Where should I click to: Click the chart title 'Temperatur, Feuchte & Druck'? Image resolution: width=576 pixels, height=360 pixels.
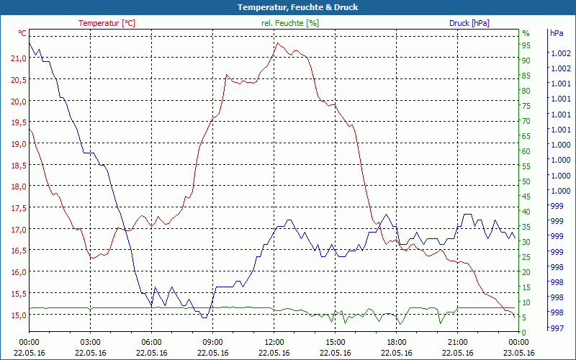(x=288, y=7)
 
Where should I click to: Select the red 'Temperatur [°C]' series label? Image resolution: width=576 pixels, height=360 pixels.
(x=107, y=23)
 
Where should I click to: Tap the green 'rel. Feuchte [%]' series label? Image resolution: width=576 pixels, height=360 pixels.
(x=290, y=23)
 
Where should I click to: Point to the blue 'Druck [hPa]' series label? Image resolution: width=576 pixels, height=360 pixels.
(x=469, y=23)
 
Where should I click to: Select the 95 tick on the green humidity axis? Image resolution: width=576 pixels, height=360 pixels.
(x=526, y=45)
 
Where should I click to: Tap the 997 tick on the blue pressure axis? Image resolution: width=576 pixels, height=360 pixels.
(x=557, y=328)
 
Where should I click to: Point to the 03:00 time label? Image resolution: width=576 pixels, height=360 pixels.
(x=91, y=342)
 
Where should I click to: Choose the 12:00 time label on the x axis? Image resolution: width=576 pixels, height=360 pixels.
(x=274, y=342)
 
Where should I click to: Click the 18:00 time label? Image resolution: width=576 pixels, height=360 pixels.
(x=397, y=342)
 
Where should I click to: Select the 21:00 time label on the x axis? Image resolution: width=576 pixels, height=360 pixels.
(x=458, y=342)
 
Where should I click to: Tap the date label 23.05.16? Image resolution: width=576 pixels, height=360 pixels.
(x=519, y=353)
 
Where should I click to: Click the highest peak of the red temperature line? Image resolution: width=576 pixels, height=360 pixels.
(x=276, y=43)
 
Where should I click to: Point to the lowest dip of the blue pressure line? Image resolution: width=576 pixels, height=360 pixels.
(x=204, y=318)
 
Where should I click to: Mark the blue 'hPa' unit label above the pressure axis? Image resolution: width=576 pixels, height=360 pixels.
(x=557, y=33)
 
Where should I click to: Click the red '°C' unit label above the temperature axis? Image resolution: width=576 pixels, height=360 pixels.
(x=22, y=33)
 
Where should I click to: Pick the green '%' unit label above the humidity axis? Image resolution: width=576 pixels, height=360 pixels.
(x=526, y=33)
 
